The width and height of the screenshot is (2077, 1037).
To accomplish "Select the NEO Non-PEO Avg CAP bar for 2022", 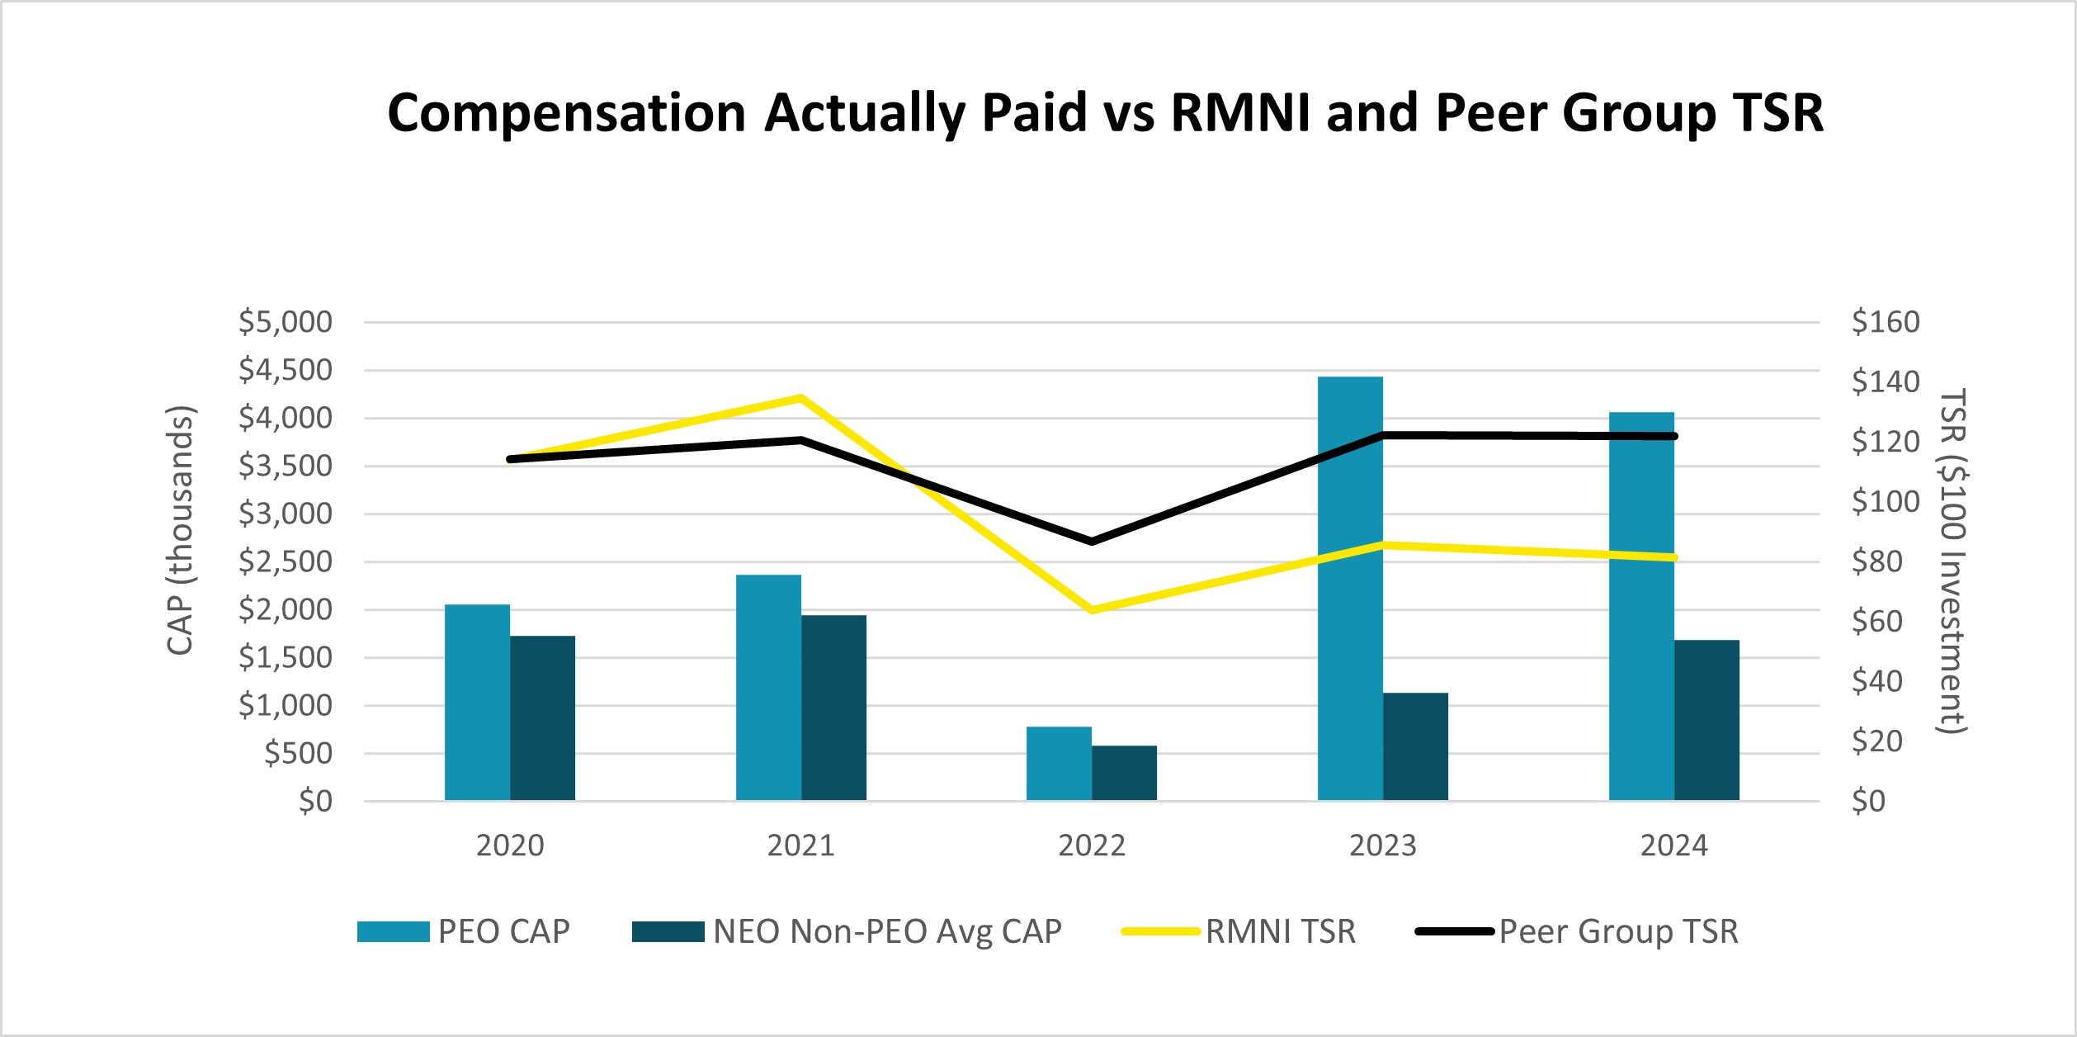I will pos(1124,773).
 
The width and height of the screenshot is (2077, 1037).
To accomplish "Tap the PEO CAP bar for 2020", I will pos(477,702).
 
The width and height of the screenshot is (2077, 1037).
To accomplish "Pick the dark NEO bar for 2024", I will pos(1706,720).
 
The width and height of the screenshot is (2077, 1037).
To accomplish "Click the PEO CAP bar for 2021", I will pos(768,687).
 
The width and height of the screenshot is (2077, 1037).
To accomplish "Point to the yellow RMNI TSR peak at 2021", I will pos(800,398).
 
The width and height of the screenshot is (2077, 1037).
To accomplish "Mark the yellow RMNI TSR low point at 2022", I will pos(1092,610).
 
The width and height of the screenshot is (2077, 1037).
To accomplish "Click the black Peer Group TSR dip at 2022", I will pos(1092,542).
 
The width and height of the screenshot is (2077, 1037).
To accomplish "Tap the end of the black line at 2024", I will pos(1673,436).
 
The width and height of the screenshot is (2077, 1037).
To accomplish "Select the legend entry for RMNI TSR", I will pos(1280,932).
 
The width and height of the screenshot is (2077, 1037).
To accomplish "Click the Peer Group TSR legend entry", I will pos(1618,932).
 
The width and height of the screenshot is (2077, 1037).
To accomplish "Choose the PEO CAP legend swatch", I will pos(393,932).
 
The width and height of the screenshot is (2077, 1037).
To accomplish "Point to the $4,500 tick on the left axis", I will pos(285,371).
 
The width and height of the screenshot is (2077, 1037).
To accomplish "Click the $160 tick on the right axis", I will pos(1886,322).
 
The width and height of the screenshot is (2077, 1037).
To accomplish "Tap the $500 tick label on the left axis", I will pos(298,754).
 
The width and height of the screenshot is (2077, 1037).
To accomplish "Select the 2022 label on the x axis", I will pos(1092,846).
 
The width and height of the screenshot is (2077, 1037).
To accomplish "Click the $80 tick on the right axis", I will pos(1876,562).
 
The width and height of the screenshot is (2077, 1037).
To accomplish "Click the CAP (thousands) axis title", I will pos(180,530).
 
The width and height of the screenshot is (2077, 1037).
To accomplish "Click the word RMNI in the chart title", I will pos(1240,113).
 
